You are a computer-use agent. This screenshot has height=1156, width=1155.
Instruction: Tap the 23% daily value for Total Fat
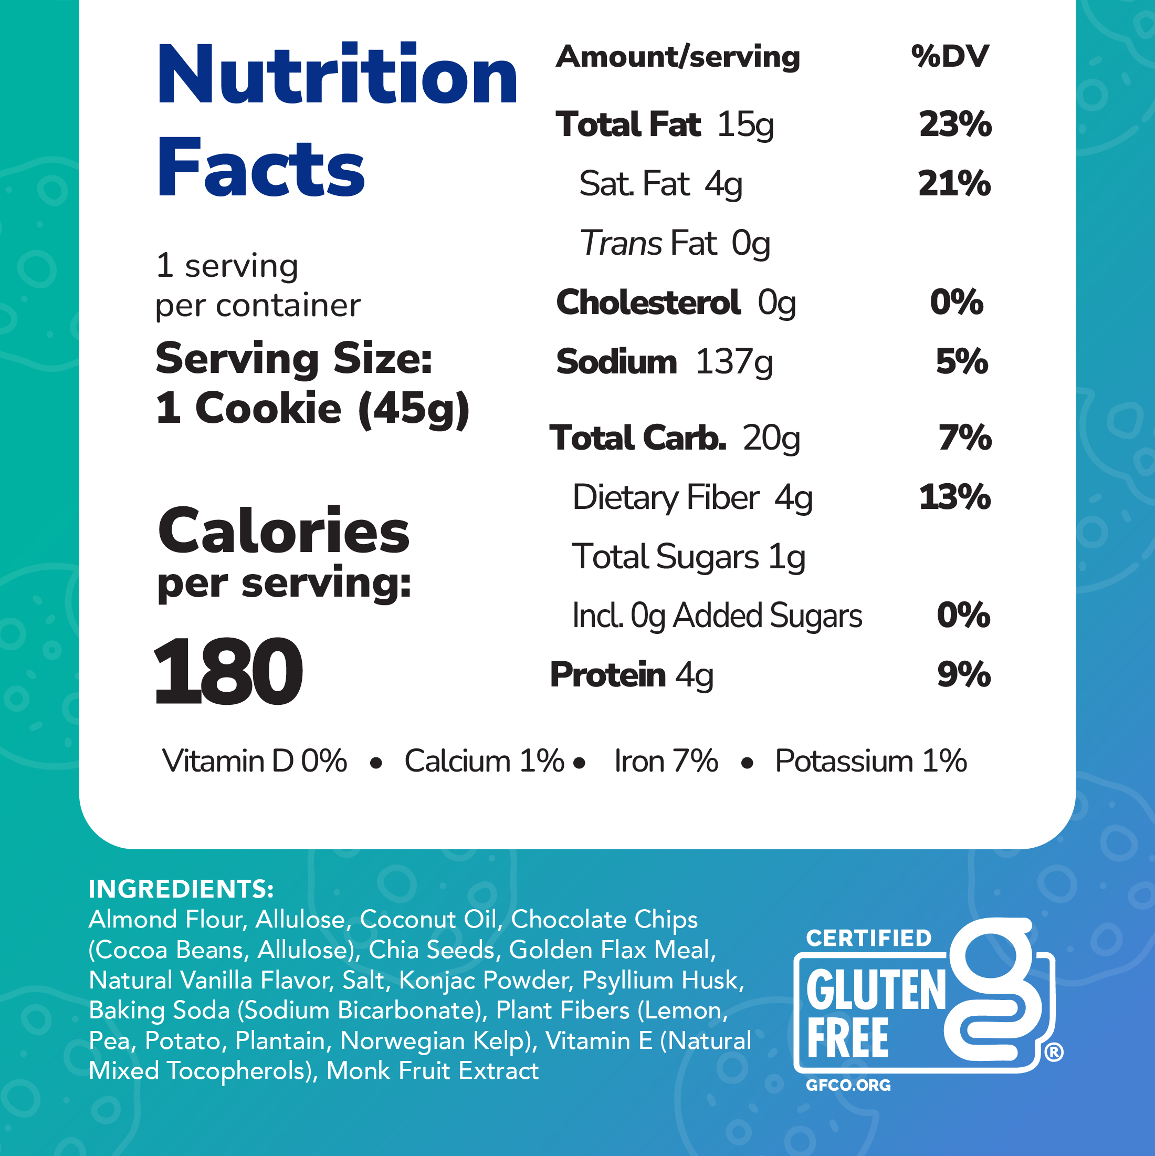(954, 124)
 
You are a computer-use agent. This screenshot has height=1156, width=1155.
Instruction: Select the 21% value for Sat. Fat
(954, 184)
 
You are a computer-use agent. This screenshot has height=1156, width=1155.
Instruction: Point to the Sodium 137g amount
(734, 362)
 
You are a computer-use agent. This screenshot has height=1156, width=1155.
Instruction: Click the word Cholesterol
(648, 302)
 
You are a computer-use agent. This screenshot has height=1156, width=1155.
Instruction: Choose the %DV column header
(949, 57)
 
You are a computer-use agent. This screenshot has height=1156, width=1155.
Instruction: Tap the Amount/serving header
(678, 57)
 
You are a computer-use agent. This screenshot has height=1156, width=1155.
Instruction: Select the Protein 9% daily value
(963, 675)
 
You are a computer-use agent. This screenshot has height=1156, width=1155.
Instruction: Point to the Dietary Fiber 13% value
(954, 497)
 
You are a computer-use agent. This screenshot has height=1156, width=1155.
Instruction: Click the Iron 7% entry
(666, 762)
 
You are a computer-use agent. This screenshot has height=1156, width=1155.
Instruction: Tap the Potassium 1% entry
(870, 762)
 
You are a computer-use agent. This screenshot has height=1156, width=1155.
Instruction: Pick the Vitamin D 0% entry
(254, 762)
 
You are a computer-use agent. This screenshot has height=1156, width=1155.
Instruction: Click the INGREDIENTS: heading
(181, 889)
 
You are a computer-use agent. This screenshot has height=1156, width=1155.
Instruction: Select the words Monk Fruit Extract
(433, 1071)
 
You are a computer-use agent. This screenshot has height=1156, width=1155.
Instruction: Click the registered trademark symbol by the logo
(1054, 1053)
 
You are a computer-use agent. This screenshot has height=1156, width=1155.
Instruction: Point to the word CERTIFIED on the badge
(868, 938)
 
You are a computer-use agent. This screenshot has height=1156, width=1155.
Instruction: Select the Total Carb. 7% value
(964, 438)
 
